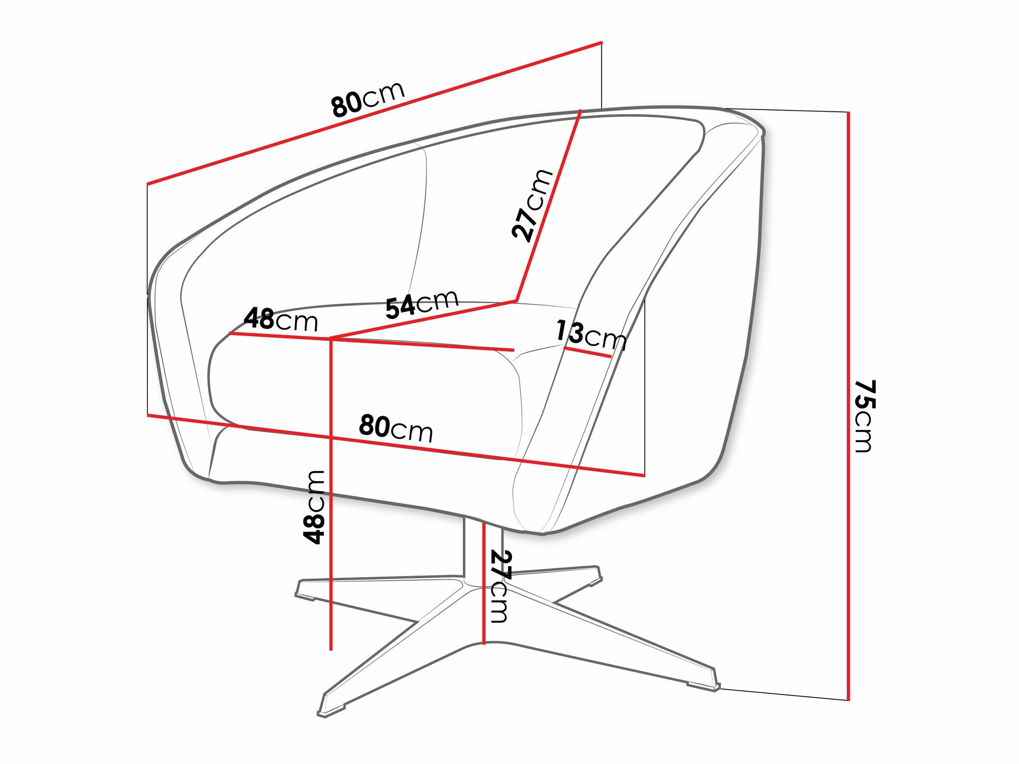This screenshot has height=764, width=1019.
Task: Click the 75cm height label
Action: tap(864, 416)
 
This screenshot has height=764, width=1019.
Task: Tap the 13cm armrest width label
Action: tap(591, 335)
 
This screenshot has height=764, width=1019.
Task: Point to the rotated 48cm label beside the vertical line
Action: tap(314, 507)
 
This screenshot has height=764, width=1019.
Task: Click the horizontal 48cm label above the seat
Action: tap(281, 320)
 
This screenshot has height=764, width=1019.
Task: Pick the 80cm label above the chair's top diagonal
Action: tap(368, 98)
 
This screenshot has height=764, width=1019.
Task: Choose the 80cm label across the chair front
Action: tap(396, 428)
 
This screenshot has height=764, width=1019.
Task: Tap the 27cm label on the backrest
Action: tap(532, 205)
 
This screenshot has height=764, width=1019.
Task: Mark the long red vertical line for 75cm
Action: tap(848, 406)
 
